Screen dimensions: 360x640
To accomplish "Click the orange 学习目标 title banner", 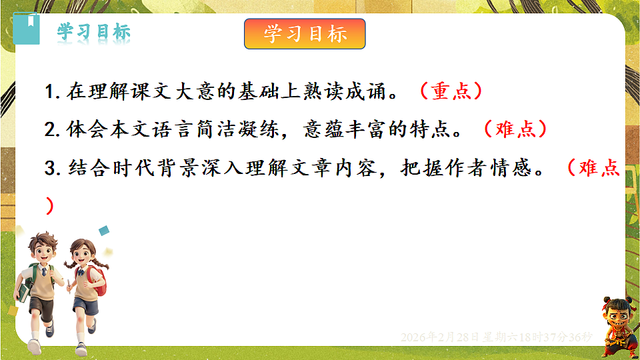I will (305, 34).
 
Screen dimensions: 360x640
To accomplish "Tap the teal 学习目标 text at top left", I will (93, 32).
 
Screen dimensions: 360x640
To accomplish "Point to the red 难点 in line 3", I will (600, 168).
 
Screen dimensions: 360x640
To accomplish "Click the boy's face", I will (44, 250).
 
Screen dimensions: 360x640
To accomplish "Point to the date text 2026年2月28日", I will (440, 337).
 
